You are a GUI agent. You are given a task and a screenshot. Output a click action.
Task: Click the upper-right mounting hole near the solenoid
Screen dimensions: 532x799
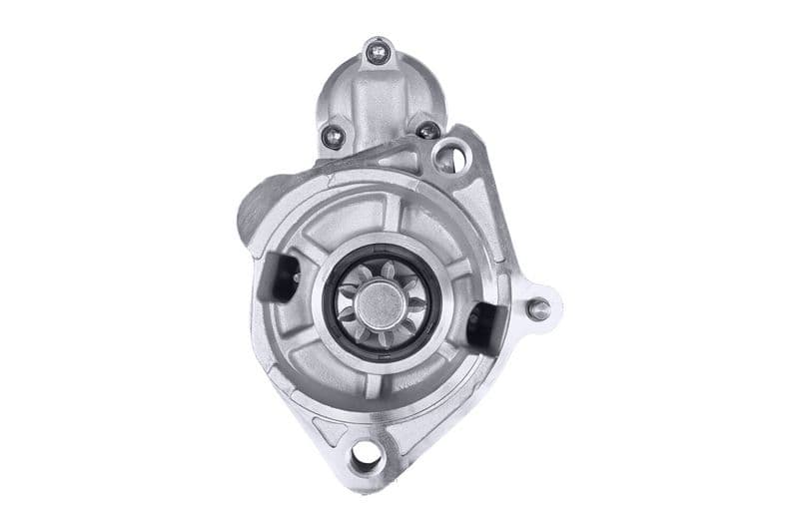click(x=449, y=157)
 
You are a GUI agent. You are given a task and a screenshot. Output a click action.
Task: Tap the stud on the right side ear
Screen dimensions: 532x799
click(x=538, y=308)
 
